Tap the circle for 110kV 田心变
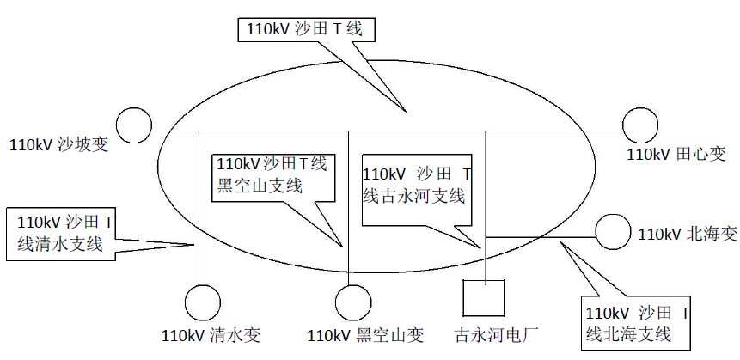point(641,125)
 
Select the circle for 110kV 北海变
point(613,232)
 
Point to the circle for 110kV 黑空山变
point(351,303)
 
